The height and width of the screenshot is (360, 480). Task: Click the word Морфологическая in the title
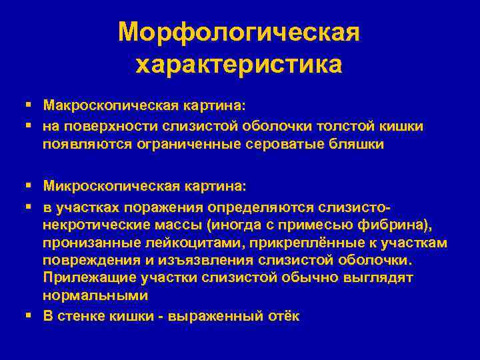239,32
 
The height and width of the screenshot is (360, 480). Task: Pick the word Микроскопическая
109,183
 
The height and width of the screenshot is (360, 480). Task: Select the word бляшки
359,144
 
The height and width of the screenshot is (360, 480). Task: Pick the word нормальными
95,295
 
